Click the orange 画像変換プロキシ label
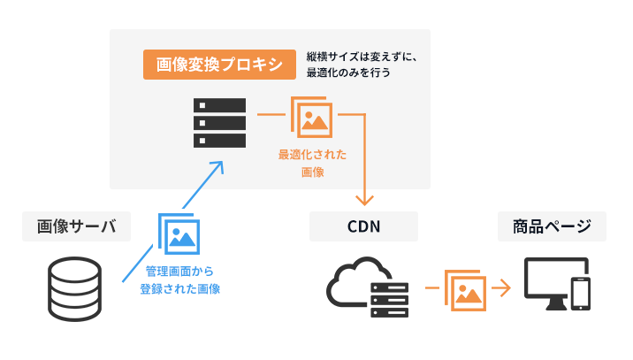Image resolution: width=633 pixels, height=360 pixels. [218, 65]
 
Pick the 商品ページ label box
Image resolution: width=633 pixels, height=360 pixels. [552, 227]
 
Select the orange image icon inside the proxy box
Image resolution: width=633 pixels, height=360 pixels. [312, 119]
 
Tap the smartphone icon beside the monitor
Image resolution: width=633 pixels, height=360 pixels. [581, 294]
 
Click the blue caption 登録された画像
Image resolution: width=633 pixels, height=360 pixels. [179, 288]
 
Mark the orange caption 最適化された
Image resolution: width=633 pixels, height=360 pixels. [312, 155]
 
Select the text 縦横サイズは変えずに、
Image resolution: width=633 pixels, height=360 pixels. [355, 55]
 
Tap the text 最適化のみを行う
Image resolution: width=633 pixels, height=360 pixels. [348, 73]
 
